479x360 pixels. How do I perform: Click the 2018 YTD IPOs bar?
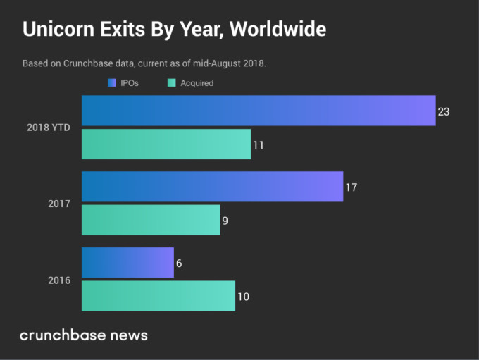(x=259, y=111)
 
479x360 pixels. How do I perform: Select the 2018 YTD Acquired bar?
(x=166, y=144)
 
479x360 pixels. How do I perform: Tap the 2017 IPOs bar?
(x=212, y=187)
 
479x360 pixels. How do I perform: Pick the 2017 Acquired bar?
(x=151, y=220)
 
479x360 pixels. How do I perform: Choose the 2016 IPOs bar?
(x=127, y=262)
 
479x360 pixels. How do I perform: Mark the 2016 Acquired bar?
(x=158, y=296)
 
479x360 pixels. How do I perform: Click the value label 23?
(x=444, y=111)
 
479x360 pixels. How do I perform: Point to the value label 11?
(x=259, y=144)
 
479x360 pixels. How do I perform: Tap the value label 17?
(x=352, y=187)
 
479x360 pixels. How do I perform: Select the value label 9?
(x=225, y=221)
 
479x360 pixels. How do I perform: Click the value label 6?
(x=179, y=263)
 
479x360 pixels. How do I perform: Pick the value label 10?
(x=243, y=297)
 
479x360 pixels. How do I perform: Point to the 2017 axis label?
(x=58, y=204)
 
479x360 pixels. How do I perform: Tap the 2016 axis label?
(x=58, y=280)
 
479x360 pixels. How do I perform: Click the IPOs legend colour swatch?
(x=111, y=83)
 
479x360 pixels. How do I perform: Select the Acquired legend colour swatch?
(x=171, y=83)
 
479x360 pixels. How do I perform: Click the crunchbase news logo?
(x=84, y=335)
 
